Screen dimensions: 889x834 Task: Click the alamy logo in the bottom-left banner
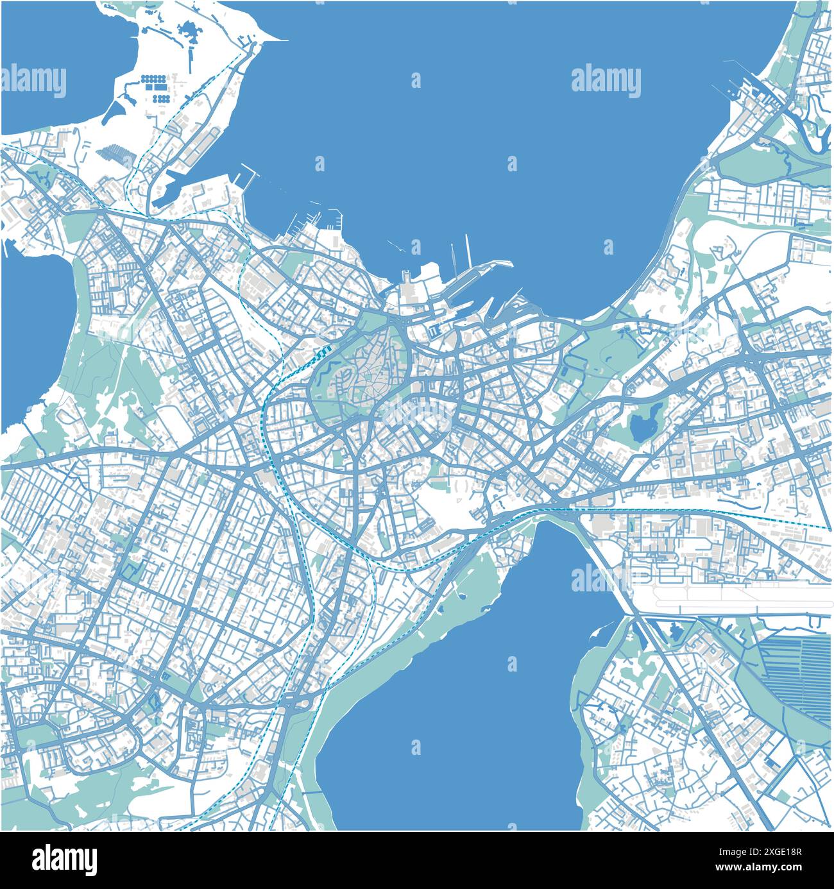pos(65,859)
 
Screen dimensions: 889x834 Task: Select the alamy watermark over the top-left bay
pos(33,82)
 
